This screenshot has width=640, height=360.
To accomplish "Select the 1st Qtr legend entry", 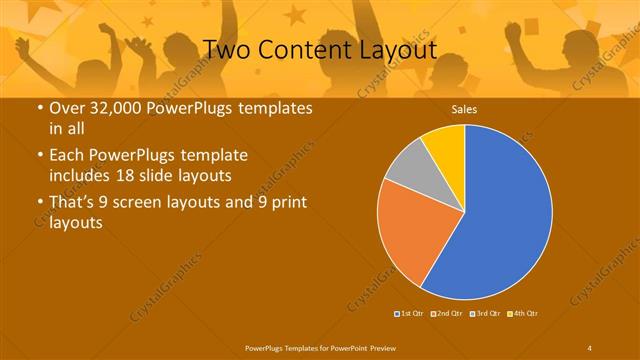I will (409, 314).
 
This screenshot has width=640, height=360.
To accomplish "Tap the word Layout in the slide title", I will (397, 49).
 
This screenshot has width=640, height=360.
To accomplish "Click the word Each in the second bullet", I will (67, 156).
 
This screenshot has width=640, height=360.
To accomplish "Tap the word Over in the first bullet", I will (67, 109).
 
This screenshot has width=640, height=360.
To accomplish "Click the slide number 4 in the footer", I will (590, 347).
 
